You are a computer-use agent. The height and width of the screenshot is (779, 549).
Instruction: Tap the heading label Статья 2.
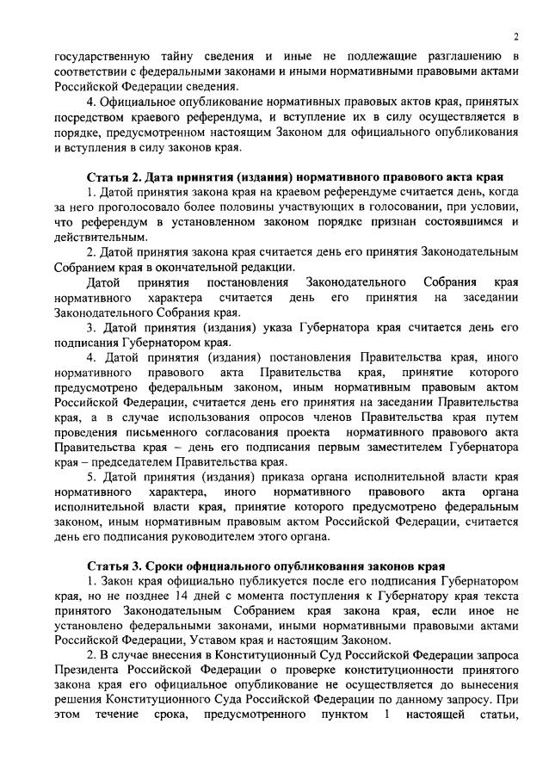[x=116, y=177]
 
